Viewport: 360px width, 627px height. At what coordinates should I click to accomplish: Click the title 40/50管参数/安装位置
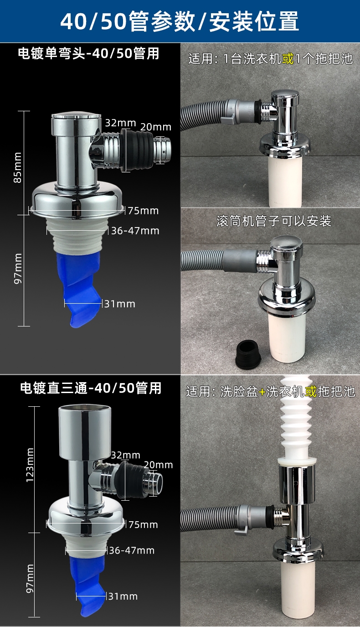180,21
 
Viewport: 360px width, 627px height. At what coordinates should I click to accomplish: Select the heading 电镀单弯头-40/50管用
88,54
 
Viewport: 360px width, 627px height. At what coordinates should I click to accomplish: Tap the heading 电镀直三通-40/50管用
91,388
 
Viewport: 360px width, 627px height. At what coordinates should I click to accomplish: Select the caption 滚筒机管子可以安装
273,222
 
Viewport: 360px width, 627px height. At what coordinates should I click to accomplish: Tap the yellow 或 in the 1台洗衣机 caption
288,59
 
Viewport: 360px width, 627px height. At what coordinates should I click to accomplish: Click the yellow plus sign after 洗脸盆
262,392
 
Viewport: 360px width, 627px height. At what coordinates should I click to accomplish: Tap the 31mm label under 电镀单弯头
119,304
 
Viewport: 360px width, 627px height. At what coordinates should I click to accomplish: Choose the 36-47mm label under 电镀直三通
132,550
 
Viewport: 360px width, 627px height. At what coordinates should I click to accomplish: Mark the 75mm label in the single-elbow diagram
143,211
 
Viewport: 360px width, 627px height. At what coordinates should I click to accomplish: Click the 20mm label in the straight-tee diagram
158,465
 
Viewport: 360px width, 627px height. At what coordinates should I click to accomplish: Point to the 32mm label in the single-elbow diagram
120,123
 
